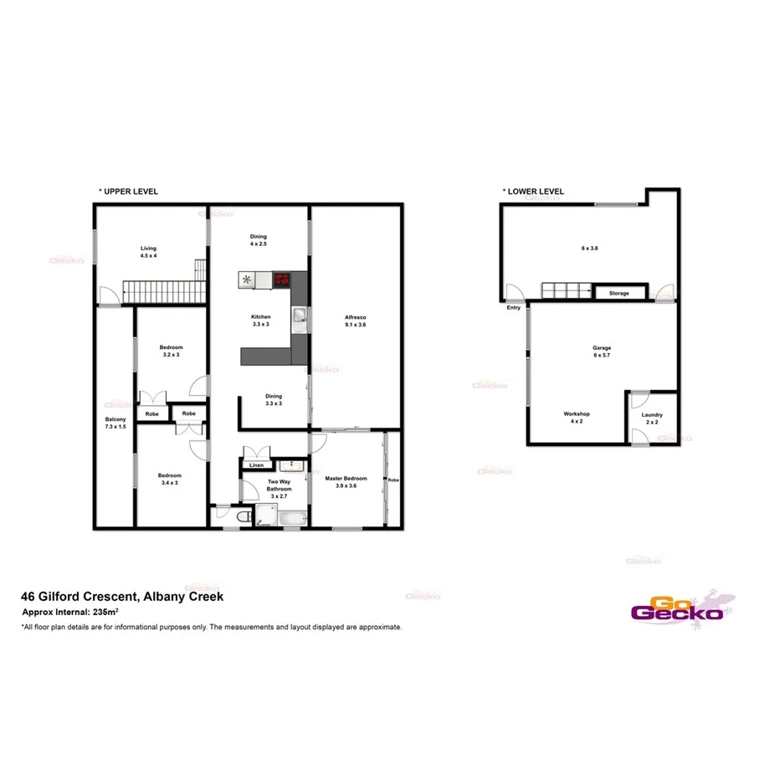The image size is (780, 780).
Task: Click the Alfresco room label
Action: tap(356, 317)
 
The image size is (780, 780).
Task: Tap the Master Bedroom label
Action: tap(346, 478)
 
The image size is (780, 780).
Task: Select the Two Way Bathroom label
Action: tap(280, 485)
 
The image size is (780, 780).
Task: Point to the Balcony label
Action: tap(115, 419)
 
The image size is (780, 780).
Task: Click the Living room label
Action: tap(148, 249)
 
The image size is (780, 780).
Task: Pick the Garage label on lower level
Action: tap(602, 347)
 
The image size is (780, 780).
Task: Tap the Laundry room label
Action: tap(652, 415)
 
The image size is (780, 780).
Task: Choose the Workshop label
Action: tap(577, 414)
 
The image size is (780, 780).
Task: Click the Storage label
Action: tap(619, 294)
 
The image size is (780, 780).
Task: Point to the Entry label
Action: tap(513, 307)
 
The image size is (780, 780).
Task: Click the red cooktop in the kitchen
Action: tap(281, 280)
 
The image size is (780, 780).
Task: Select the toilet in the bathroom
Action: tap(243, 518)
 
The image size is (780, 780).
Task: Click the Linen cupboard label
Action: tap(256, 465)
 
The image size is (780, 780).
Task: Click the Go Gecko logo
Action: tap(677, 607)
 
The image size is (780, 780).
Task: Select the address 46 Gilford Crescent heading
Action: tap(121, 597)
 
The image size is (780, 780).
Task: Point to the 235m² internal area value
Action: tap(105, 613)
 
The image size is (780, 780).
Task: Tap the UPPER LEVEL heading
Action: tap(128, 192)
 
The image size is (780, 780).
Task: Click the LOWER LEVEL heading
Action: tap(533, 192)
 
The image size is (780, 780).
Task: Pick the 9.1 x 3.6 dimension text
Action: tap(356, 325)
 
